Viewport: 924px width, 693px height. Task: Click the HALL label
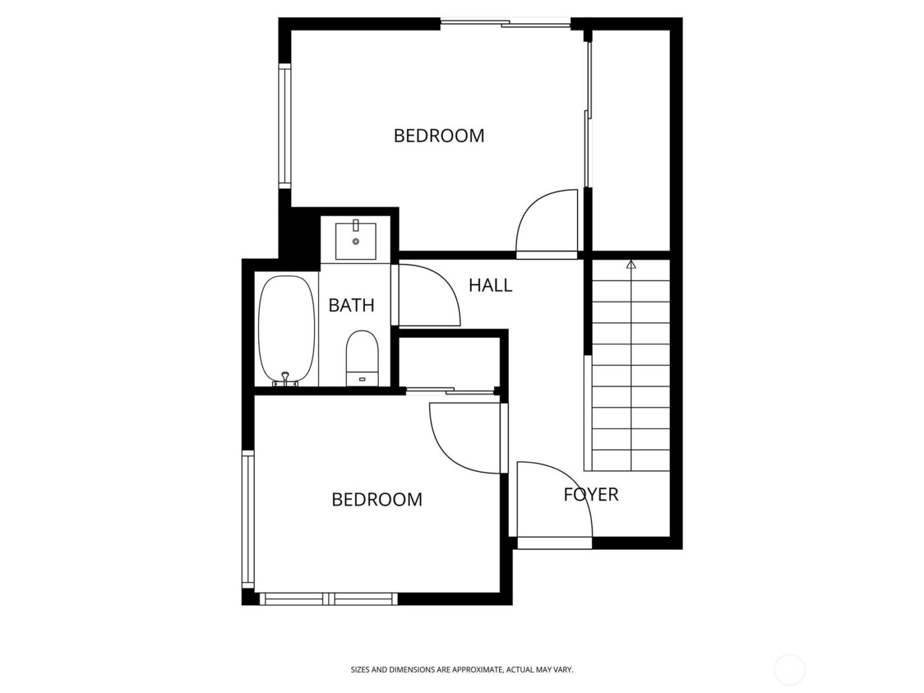coord(490,285)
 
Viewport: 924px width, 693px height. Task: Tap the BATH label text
coord(351,305)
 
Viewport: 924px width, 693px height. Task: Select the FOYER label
coord(591,494)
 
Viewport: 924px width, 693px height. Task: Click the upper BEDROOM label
coord(439,135)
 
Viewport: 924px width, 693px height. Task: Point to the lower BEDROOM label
coord(377,500)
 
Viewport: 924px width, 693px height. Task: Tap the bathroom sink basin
coord(356,242)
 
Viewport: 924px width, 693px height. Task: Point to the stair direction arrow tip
coord(631,263)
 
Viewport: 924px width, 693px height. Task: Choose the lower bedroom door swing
coord(465,438)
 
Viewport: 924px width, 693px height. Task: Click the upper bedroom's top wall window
coord(505,24)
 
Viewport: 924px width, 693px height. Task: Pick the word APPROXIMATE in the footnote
coord(469,670)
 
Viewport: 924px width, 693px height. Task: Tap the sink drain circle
coord(356,242)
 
